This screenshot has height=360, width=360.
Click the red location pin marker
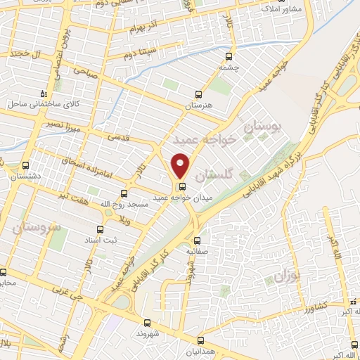[x=181, y=165]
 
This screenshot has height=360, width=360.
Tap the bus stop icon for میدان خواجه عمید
[x=183, y=186]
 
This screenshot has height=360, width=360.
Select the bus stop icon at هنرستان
[x=198, y=94]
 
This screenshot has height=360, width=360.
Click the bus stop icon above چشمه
[x=229, y=56]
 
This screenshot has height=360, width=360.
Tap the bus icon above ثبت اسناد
[x=100, y=229]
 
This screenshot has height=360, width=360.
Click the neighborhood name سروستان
[x=33, y=226]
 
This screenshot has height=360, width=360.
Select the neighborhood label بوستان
[x=262, y=127]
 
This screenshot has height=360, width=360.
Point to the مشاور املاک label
[x=281, y=9]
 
